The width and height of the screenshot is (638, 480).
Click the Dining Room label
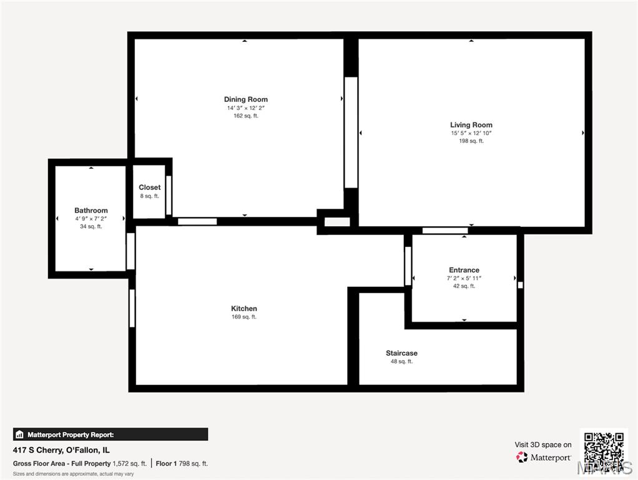coord(246,99)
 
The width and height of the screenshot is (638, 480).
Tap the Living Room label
coord(471,124)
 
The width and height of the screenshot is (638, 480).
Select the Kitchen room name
coord(244,309)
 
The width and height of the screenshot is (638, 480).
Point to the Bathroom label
coord(91,210)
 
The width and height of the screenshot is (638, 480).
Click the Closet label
coord(150,187)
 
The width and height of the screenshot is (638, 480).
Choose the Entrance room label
coord(464,270)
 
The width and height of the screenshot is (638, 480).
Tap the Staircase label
coord(401,353)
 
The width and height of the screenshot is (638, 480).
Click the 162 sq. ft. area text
coord(246,116)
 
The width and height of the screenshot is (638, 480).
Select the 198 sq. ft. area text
coord(471,141)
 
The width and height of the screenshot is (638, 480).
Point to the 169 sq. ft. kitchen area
coord(244,317)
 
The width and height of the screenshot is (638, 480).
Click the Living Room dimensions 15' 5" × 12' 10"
coord(471,133)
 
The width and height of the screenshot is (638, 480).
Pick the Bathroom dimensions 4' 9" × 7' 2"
coord(91,219)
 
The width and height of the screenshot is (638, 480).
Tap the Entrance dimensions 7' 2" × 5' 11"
coord(464,278)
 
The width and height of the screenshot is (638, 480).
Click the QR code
coord(604,452)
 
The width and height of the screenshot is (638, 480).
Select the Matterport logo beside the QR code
coord(544,457)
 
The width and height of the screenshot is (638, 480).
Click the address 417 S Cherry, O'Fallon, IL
coord(61,450)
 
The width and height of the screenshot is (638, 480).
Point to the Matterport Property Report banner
coord(110,434)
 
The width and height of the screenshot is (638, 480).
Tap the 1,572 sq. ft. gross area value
coord(129,464)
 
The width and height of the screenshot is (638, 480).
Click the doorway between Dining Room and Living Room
coord(351,132)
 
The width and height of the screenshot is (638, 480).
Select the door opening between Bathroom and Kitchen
coord(130,251)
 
